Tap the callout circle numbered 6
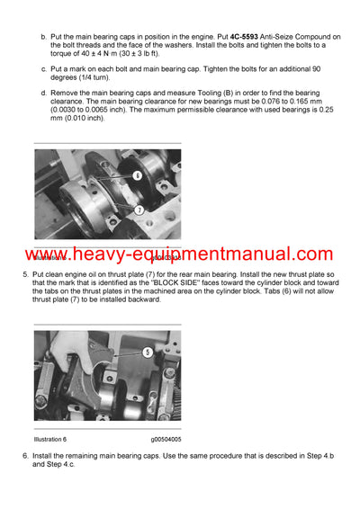[x=136, y=176]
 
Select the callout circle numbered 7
[x=139, y=209]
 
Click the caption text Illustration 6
[x=51, y=440]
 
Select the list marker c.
[x=43, y=68]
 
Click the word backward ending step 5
[x=143, y=299]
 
